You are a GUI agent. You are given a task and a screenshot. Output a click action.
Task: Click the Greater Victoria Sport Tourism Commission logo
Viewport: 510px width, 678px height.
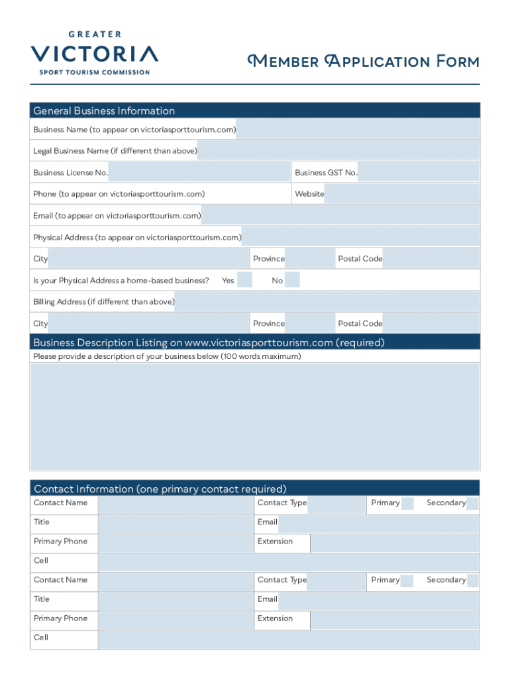pos(94,52)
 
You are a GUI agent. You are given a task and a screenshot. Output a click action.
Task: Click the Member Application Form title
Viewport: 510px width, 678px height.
pos(363,62)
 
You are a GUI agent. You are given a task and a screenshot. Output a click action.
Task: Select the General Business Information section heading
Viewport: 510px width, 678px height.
pos(104,111)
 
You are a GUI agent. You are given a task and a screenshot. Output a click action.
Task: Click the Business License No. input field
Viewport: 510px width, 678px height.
pos(199,173)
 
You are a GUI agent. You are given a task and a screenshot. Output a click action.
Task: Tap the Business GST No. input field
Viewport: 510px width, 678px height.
pos(418,173)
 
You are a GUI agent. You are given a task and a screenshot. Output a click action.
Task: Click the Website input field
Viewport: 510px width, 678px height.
pos(401,194)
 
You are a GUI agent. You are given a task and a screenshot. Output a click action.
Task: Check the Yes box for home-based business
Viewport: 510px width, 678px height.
pos(244,280)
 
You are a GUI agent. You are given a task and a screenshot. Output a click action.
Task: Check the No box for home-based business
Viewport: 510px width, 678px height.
pos(292,280)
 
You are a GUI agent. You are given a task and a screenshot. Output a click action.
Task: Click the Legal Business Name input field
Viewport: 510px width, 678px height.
pos(338,151)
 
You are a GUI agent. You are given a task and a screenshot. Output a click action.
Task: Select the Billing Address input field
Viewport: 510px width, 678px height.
pos(327,302)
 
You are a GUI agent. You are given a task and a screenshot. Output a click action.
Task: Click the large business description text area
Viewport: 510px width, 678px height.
pos(255,416)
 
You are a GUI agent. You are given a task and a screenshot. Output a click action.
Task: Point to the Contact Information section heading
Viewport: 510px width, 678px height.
pos(160,489)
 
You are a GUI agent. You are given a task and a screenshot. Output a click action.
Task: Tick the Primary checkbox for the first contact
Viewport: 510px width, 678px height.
pos(407,503)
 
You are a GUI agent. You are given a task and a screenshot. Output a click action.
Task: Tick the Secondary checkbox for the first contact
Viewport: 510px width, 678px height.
pos(472,503)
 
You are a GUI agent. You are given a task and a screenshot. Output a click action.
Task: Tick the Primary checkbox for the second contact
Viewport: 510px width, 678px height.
pos(407,580)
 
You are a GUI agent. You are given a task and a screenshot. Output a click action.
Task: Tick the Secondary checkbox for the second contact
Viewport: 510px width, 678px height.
pos(472,580)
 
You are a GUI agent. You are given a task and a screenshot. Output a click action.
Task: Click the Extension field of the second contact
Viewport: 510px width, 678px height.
pos(395,619)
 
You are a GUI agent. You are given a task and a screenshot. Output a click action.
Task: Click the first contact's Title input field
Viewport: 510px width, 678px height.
pos(176,522)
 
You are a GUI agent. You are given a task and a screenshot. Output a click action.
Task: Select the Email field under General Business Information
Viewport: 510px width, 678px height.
pos(340,216)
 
